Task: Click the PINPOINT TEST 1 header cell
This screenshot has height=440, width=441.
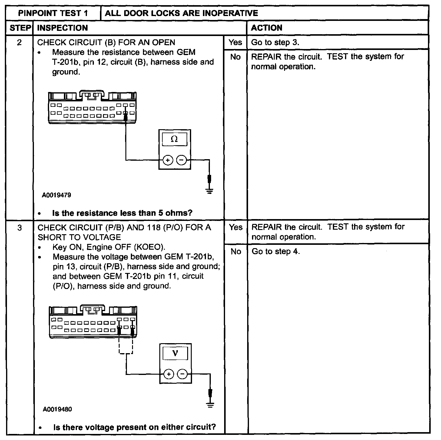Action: (x=53, y=13)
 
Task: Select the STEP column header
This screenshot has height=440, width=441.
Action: (x=20, y=28)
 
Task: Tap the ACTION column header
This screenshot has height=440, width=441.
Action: (x=267, y=28)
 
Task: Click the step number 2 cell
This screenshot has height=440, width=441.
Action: (x=19, y=42)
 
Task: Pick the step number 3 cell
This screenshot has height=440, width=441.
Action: (x=19, y=228)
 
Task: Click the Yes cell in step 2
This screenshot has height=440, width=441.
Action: (x=235, y=42)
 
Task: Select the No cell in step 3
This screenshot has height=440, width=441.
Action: (x=236, y=251)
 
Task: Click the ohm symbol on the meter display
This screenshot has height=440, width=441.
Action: (x=174, y=139)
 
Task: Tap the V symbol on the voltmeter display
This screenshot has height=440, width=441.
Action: (x=175, y=353)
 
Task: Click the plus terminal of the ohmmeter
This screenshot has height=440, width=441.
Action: (x=168, y=160)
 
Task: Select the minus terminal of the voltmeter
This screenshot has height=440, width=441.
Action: (x=182, y=374)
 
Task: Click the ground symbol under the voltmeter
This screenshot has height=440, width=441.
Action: (x=210, y=405)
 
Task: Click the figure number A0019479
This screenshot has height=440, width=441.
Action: (x=57, y=195)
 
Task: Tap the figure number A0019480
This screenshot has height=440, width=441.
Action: (x=57, y=409)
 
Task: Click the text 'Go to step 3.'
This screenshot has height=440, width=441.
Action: (x=275, y=42)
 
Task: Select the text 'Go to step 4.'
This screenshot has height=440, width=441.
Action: (x=276, y=251)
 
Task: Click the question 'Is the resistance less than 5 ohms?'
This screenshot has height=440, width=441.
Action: (x=122, y=213)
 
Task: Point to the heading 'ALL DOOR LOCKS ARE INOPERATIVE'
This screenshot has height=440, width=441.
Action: (x=181, y=13)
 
